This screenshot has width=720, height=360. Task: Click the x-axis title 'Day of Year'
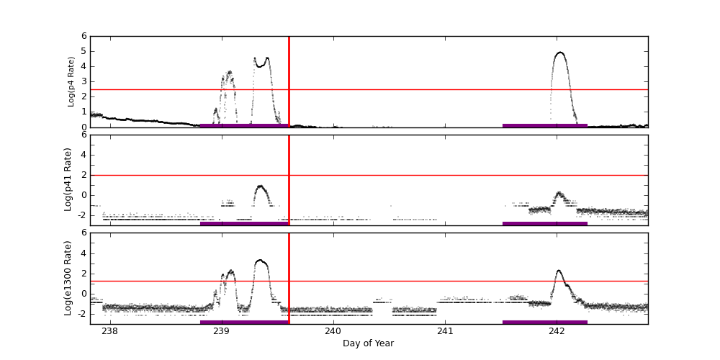pyautogui.click(x=368, y=343)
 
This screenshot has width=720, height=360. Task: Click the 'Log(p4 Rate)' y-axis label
pyautogui.click(x=71, y=81)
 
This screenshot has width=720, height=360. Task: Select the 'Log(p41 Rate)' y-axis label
pyautogui.click(x=68, y=179)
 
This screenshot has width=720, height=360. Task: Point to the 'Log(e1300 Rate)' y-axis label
pyautogui.click(x=68, y=278)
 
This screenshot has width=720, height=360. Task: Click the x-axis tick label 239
pyautogui.click(x=222, y=331)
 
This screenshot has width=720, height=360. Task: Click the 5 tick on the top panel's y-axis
pyautogui.click(x=84, y=51)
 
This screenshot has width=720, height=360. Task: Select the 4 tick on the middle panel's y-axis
pyautogui.click(x=84, y=155)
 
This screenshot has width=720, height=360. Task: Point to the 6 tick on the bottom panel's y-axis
pyautogui.click(x=84, y=233)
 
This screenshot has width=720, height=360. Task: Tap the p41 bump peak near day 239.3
pyautogui.click(x=260, y=186)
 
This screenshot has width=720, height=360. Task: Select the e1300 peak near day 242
pyautogui.click(x=559, y=271)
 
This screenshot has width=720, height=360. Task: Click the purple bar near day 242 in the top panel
pyautogui.click(x=545, y=125)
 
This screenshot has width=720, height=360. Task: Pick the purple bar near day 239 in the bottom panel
pyautogui.click(x=244, y=322)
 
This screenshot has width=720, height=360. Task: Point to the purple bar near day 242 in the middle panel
pyautogui.click(x=545, y=223)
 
